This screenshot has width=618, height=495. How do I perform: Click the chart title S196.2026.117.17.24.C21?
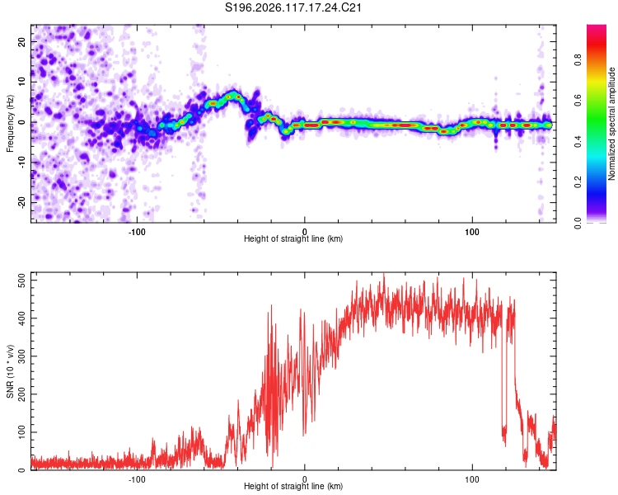pos(293,7)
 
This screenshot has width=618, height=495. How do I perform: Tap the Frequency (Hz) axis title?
pos(10,123)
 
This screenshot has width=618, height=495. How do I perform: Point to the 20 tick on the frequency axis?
pos(21,41)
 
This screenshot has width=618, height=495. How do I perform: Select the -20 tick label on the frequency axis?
pos(21,202)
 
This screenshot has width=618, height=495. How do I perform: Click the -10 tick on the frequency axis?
pos(21,163)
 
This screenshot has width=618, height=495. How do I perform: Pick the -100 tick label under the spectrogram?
pos(137,232)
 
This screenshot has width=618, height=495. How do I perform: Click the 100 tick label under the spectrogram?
pos(472,232)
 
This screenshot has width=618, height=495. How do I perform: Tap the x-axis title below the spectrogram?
pos(293,238)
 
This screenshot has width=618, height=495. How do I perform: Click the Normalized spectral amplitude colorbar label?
pos(611,124)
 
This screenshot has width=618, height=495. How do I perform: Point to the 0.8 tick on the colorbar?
pos(578,60)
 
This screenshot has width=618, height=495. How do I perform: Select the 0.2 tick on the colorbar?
pos(578,182)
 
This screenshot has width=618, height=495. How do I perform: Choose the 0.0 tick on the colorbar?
pos(578,223)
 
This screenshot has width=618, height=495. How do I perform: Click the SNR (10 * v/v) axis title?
pos(10,371)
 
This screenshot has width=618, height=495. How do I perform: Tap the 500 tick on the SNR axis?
pos(21,280)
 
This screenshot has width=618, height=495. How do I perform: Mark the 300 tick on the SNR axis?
pos(21,356)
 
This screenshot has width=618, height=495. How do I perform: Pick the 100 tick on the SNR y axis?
pos(21,431)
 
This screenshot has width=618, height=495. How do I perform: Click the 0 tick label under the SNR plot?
pos(304,479)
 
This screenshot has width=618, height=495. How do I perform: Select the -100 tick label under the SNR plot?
pos(137,479)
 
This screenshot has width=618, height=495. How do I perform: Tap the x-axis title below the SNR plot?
pos(293,486)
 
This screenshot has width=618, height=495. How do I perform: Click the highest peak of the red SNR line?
pos(384,274)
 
